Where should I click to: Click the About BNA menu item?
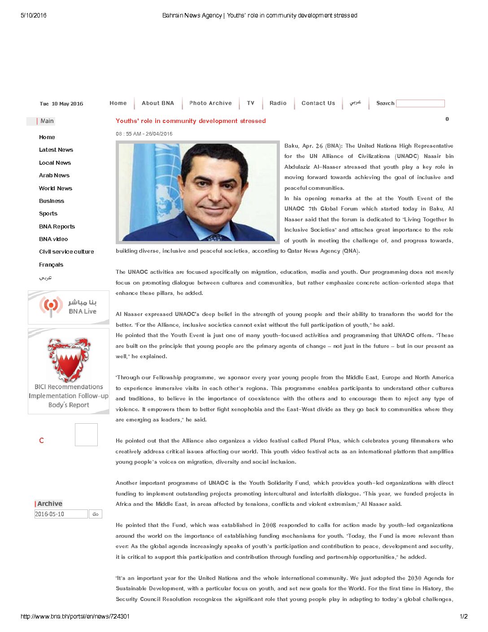pos(158,103)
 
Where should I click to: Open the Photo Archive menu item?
pos(210,103)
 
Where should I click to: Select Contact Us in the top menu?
pos(318,103)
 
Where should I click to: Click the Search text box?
pos(420,104)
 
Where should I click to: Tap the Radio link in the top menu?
pos(278,103)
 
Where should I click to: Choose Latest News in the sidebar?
pos(56,150)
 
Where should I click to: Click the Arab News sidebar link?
pos(54,176)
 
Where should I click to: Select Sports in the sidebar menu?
pos(48,214)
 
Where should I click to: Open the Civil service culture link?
pos(66,252)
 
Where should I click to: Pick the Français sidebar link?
pos(51,265)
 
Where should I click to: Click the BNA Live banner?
pos(69,307)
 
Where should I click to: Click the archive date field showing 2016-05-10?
pos(61,514)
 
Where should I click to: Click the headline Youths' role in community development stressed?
pos(191,121)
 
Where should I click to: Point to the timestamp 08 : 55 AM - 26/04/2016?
pos(144,134)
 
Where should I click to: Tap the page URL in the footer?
pos(75,616)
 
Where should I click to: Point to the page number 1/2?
pos(463,616)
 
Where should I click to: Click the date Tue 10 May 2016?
pos(61,104)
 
